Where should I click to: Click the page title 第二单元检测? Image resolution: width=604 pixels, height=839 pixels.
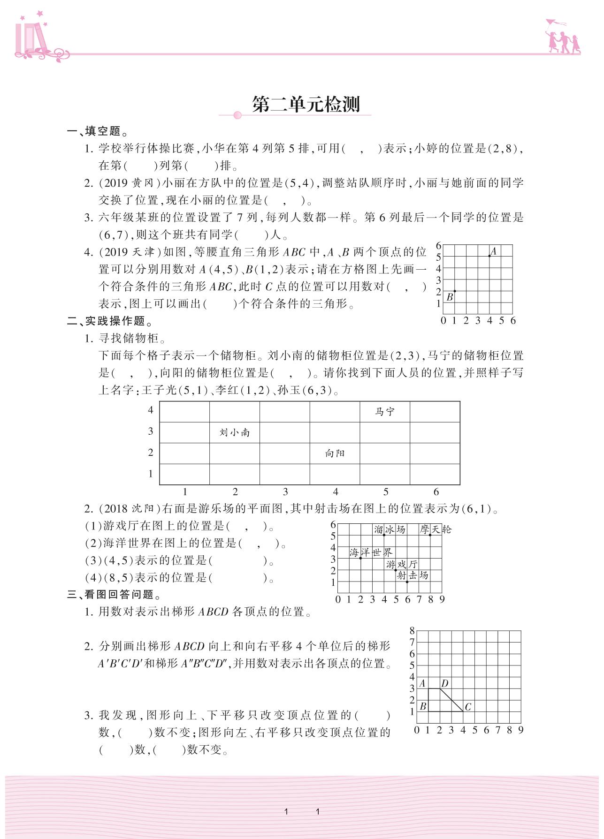click(306, 105)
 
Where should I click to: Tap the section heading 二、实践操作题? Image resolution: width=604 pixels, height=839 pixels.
click(110, 321)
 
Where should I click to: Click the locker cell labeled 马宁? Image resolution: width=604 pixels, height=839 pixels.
click(385, 412)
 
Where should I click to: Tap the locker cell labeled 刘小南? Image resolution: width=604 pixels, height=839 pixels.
click(234, 432)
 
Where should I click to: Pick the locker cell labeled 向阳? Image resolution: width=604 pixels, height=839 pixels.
click(335, 454)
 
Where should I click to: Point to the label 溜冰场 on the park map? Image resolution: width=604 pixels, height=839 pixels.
click(390, 529)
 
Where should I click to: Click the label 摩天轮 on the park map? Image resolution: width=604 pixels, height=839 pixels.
click(436, 529)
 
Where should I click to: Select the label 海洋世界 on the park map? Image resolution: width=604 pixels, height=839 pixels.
click(371, 552)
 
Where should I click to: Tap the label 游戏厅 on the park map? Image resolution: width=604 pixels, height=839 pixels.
click(402, 564)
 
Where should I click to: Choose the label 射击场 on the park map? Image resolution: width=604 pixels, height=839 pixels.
click(413, 575)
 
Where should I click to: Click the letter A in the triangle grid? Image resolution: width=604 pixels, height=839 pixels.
click(493, 251)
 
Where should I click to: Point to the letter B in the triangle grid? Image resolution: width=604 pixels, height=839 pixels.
click(450, 297)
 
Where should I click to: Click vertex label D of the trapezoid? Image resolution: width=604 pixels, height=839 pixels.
click(444, 683)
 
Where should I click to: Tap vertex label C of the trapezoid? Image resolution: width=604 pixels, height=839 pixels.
click(468, 706)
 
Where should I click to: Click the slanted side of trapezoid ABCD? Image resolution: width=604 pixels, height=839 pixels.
click(451, 700)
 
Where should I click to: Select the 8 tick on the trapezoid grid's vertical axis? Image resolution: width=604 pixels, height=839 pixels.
click(412, 631)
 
